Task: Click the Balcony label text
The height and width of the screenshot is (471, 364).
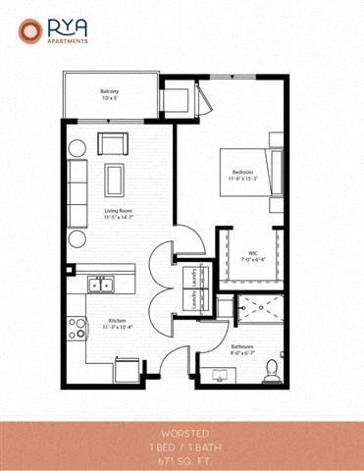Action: [110, 94]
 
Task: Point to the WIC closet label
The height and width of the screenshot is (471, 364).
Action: [252, 252]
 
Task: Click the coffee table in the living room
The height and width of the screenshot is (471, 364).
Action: [116, 178]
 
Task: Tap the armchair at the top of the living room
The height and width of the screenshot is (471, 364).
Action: [111, 144]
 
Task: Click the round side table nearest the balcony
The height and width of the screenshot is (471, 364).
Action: [77, 148]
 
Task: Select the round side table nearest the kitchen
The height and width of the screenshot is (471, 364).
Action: [77, 238]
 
